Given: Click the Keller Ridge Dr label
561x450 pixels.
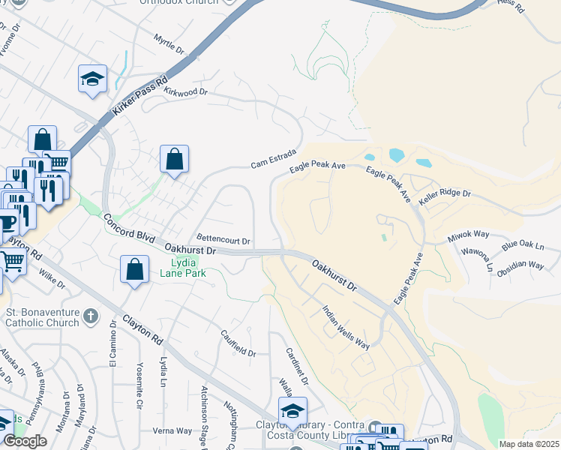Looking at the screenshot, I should [445, 193].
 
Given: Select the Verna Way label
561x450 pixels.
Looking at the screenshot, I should [172, 430].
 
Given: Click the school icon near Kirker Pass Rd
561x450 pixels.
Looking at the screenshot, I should [93, 79].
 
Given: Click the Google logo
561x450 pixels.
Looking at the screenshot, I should [25, 441].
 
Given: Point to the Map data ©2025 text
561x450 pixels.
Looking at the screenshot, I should [529, 444].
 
